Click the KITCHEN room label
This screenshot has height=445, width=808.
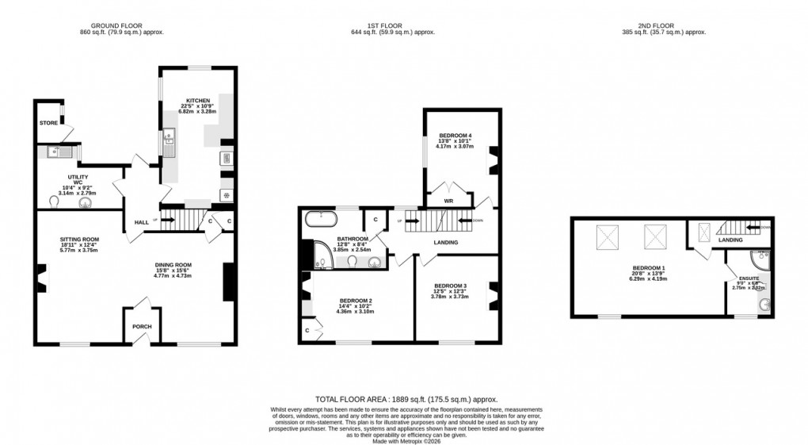(188, 101)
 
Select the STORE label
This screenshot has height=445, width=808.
(48, 124)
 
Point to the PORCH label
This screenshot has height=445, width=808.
(142, 327)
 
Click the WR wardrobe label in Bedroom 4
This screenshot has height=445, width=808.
(448, 201)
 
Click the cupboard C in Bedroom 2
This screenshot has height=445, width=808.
(307, 329)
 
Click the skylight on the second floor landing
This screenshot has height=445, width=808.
(703, 232)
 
